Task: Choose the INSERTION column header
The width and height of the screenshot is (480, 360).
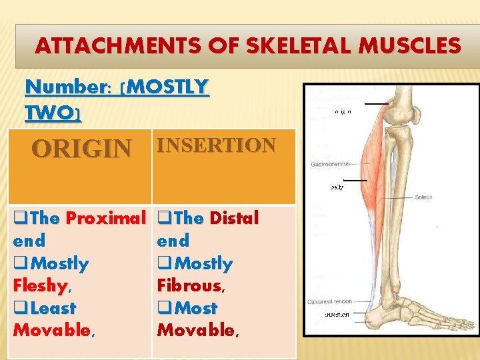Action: tap(215, 145)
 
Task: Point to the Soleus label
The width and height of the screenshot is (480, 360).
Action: tap(423, 197)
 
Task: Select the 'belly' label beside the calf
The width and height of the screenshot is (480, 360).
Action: tap(337, 187)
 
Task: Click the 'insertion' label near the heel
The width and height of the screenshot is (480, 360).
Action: tap(337, 314)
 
